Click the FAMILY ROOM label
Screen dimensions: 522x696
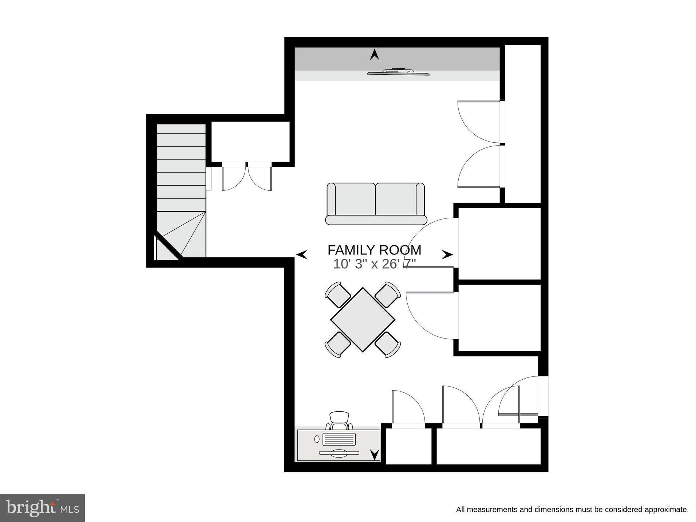374,250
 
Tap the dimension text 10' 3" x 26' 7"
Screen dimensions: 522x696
374,264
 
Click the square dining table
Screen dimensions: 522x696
363,320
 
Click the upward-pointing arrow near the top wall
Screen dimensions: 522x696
375,55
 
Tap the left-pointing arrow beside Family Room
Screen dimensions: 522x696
302,254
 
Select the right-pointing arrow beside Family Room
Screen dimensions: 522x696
447,254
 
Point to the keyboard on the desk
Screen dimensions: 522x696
339,439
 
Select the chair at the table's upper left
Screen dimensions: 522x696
337,294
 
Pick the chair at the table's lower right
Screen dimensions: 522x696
388,344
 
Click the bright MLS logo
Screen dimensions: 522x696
42,508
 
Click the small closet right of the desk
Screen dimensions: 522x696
408,447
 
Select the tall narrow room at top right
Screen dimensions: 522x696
522,124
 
